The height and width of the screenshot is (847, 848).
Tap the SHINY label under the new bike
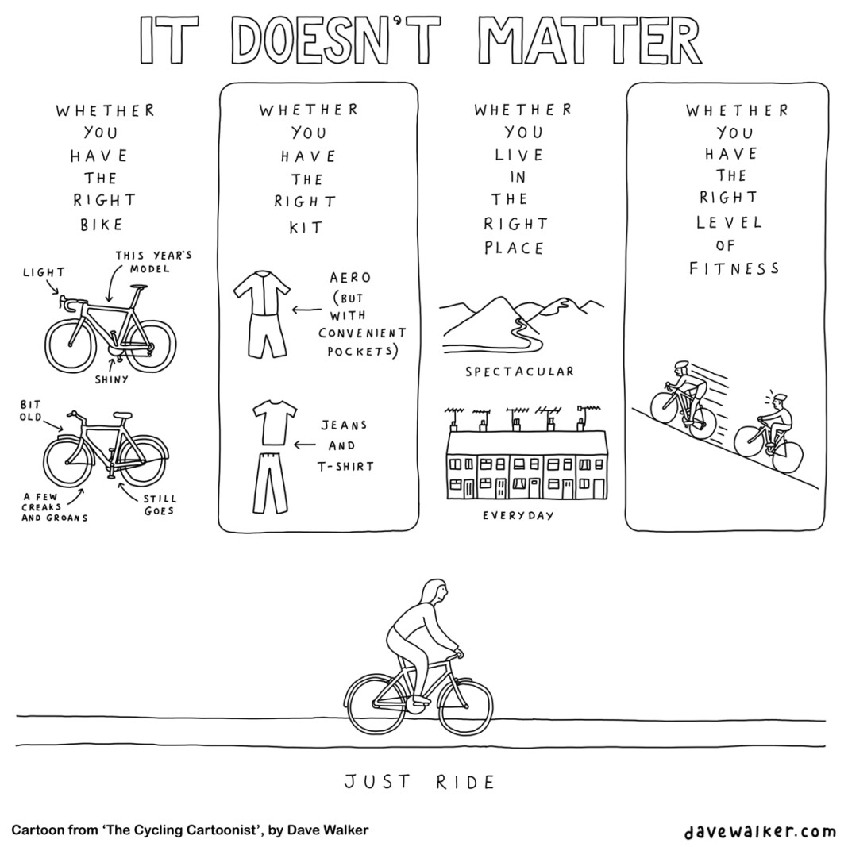(x=112, y=379)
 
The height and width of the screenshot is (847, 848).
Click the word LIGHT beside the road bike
(x=44, y=272)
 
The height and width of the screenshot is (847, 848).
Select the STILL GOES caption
(x=160, y=505)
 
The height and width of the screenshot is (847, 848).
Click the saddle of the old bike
(x=122, y=415)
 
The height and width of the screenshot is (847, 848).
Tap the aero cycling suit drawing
(x=261, y=314)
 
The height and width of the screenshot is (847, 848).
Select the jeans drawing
(x=270, y=483)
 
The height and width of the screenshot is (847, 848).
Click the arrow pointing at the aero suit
(x=307, y=310)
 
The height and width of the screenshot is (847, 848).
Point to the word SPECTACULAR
(x=520, y=372)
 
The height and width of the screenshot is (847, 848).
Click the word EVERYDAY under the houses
(x=518, y=516)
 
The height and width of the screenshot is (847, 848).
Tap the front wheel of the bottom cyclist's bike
(x=465, y=705)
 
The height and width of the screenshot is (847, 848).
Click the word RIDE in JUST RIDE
(x=465, y=782)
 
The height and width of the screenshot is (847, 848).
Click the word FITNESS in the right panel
(x=734, y=268)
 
